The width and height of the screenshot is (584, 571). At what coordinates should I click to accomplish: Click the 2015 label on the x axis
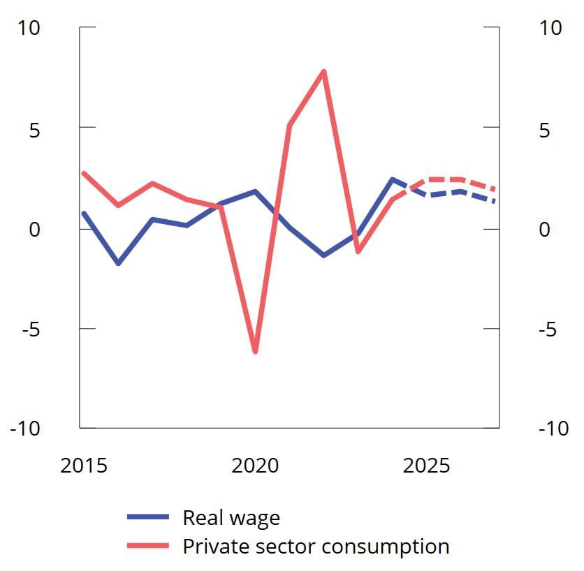pos(84,466)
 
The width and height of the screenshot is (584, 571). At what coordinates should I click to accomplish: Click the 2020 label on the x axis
pos(255,466)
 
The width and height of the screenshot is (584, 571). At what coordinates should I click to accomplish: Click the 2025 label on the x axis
pos(426,466)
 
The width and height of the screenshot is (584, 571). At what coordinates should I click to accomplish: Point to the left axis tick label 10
pos(29,28)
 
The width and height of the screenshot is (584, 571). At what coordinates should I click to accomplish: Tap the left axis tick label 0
pos(34,230)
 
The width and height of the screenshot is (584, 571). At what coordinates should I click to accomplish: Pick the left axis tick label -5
pos(31,329)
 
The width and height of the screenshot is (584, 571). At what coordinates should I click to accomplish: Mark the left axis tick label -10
pos(25,429)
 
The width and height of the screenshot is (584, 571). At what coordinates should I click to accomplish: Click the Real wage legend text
pos(231,518)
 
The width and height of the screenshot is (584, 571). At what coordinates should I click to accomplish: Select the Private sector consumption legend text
pos(316,546)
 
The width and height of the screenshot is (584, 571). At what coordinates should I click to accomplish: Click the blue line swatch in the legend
pos(148,518)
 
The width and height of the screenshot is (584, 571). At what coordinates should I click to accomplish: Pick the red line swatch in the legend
pos(148,546)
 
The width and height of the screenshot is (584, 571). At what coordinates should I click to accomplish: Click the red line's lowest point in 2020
pos(255,351)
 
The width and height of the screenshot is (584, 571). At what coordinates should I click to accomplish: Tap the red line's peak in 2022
pos(323,71)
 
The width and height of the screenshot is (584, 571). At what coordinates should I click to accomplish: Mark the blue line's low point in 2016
pos(118,263)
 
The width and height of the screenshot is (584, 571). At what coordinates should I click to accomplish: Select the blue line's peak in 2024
pos(393,179)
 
